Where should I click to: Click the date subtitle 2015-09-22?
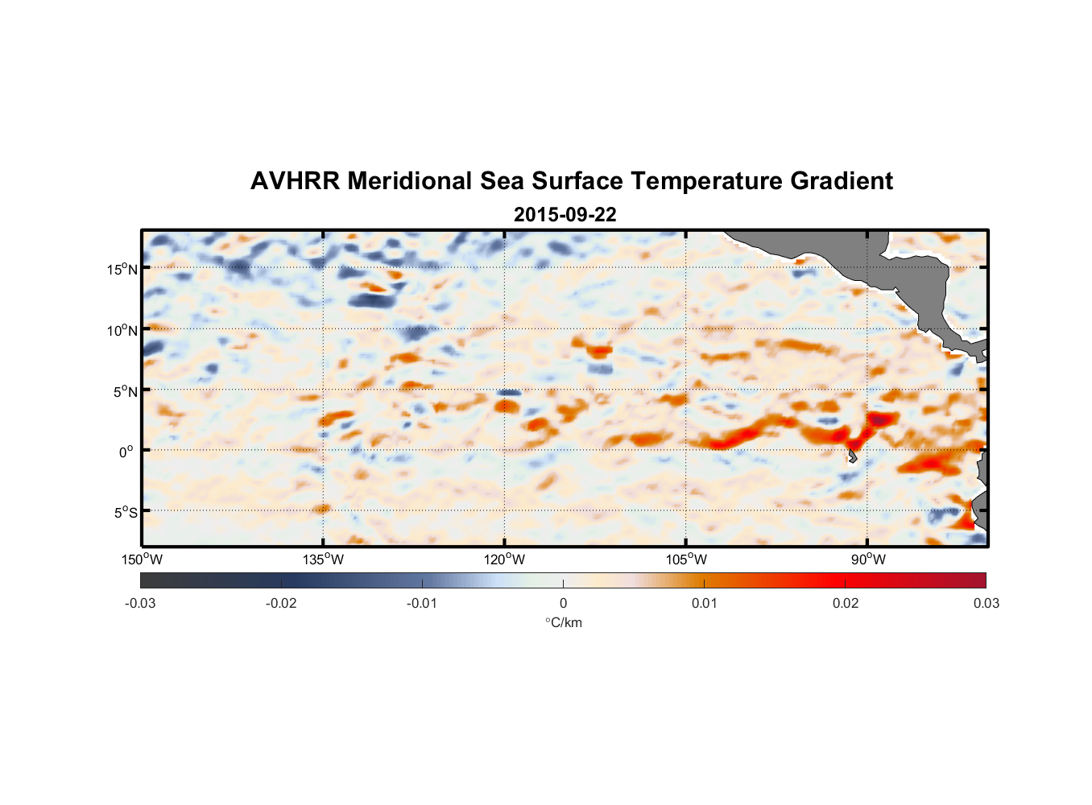(x=565, y=215)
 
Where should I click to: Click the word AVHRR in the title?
(x=295, y=181)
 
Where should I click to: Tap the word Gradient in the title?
(x=842, y=181)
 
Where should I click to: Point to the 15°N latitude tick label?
(x=122, y=269)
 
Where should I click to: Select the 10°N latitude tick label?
(x=122, y=330)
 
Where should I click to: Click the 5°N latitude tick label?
(x=125, y=391)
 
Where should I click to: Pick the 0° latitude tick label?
(x=126, y=452)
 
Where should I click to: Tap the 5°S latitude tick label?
(x=125, y=513)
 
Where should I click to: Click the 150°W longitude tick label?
(x=142, y=559)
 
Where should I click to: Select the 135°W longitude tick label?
(x=323, y=559)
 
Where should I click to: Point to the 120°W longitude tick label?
(x=504, y=559)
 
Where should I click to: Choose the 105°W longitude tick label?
(x=686, y=559)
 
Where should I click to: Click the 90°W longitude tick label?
(x=867, y=559)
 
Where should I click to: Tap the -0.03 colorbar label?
(x=140, y=603)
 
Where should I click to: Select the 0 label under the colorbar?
(x=563, y=603)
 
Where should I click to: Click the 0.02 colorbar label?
(x=846, y=603)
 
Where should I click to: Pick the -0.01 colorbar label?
(x=422, y=603)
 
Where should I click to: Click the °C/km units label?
(x=563, y=622)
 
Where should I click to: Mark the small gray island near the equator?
(x=852, y=456)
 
